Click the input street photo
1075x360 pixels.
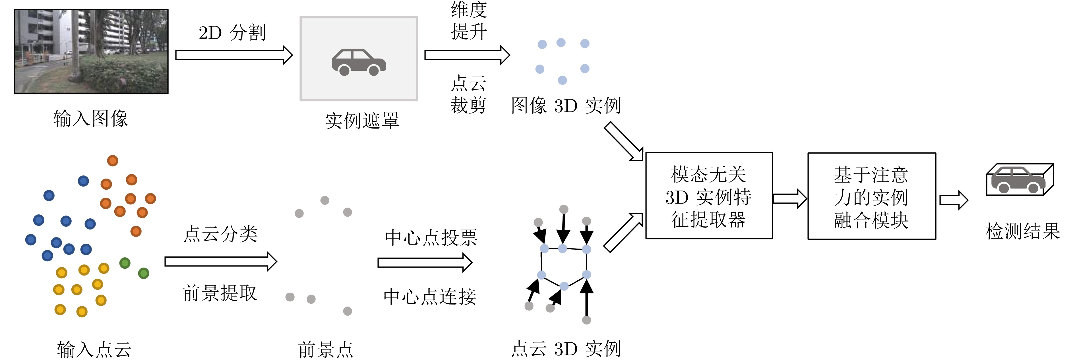click(x=91, y=51)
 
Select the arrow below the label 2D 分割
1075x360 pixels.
click(x=234, y=55)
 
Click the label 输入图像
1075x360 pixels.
click(x=90, y=119)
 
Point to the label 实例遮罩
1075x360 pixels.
click(x=362, y=121)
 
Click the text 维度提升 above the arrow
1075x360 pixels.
click(x=469, y=21)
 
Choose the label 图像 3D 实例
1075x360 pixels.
click(x=566, y=105)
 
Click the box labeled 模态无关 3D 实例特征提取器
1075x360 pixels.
click(x=709, y=196)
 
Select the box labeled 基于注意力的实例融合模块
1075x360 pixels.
click(x=872, y=196)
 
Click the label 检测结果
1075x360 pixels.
click(x=1022, y=231)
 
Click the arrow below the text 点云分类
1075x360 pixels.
click(x=221, y=262)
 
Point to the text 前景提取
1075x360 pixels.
click(x=220, y=293)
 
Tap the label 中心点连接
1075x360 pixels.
click(x=430, y=297)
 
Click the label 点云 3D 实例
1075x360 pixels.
click(x=566, y=349)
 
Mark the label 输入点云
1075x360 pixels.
click(x=94, y=349)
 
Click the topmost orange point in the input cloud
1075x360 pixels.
click(x=113, y=161)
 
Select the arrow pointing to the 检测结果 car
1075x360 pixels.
click(x=954, y=200)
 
